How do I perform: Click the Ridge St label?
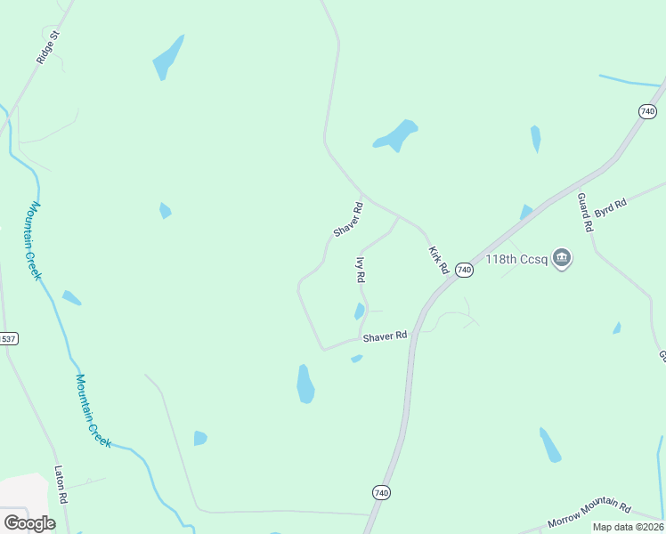point(48,47)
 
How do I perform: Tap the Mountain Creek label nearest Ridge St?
point(34,239)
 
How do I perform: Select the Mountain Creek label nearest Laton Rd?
point(93,410)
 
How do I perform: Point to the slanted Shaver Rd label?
point(348,220)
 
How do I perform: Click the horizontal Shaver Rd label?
point(385,336)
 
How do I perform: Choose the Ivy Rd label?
point(361,270)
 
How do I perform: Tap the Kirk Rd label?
point(436,260)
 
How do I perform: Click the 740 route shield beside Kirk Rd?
point(463,269)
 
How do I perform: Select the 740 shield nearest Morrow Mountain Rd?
point(381,492)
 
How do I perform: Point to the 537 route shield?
point(8,339)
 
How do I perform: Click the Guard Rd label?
point(585,212)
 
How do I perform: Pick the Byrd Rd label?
point(611,207)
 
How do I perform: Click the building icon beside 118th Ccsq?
point(562,259)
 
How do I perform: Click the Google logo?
point(29,522)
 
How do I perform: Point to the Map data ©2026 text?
point(629,527)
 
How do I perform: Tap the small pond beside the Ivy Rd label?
point(359,311)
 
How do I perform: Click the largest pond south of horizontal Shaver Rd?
point(305,384)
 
